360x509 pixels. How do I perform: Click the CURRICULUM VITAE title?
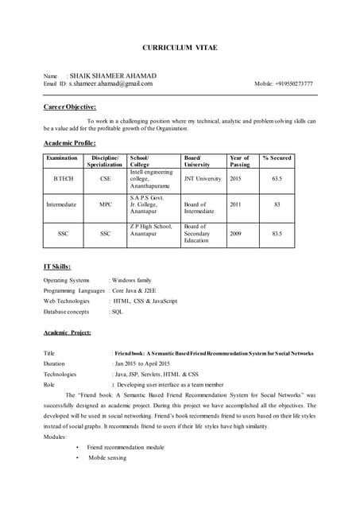(x=180, y=48)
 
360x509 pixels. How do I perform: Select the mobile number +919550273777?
(x=284, y=84)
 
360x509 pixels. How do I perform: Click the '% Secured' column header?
(x=277, y=158)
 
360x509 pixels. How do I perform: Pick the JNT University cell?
(x=203, y=180)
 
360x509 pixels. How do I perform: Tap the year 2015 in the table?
(x=235, y=180)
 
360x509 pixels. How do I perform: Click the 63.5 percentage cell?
(x=277, y=180)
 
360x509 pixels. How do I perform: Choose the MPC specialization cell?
(x=106, y=204)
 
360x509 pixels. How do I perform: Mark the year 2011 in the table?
(x=235, y=204)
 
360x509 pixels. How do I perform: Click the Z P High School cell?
(x=151, y=230)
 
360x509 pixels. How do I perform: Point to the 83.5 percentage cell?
(x=277, y=234)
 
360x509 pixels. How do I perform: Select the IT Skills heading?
(x=57, y=266)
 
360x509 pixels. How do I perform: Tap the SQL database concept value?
(x=118, y=312)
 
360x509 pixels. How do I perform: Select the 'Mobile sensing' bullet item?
(x=107, y=458)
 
